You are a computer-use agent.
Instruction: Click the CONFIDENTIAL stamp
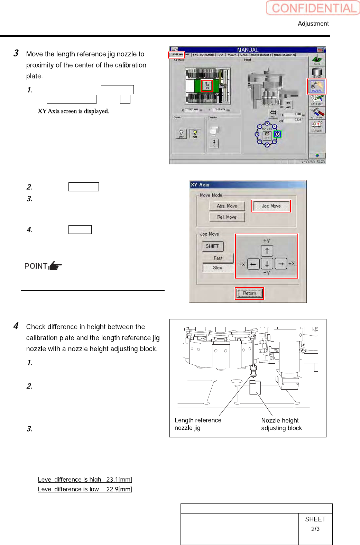coord(313,8)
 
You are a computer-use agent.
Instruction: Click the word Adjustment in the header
coord(313,24)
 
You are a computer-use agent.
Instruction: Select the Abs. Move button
coord(227,206)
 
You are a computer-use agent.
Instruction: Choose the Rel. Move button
coord(227,217)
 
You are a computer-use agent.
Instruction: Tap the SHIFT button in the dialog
coord(212,246)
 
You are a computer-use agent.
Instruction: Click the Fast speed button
coord(218,258)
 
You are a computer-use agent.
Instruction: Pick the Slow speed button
coord(218,268)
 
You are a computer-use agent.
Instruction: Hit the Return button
coord(249,293)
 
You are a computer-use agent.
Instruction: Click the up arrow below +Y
coord(267,251)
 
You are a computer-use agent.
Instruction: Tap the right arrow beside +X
coord(281,264)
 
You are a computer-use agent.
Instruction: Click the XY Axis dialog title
coord(200,185)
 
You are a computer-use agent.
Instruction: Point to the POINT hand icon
coord(55,266)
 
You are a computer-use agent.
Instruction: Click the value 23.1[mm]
coord(119,480)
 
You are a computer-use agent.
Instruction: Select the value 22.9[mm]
coord(119,489)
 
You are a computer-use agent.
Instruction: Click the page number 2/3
coord(315,529)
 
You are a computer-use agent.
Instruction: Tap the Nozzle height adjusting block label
coord(281,424)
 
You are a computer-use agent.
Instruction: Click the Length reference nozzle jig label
coord(198,424)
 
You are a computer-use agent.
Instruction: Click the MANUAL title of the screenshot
coord(248,50)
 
